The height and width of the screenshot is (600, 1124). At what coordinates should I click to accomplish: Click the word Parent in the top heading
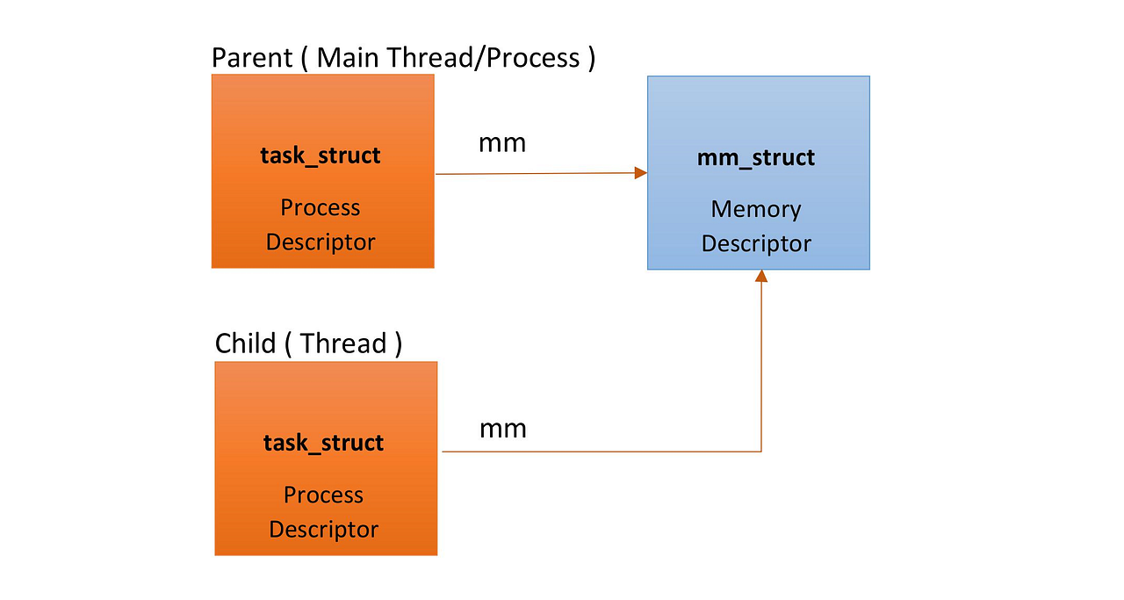(x=252, y=58)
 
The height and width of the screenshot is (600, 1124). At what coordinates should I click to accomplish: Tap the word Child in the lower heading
(x=245, y=343)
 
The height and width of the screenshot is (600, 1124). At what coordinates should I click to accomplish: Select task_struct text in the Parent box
(x=321, y=156)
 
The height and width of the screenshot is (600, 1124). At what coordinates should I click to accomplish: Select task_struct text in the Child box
(x=323, y=443)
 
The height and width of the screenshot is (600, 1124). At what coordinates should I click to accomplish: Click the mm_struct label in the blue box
(x=756, y=158)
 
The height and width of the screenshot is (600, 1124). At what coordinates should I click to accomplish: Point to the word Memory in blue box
(x=756, y=209)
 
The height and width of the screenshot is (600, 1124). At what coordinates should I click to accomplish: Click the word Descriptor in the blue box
(x=756, y=243)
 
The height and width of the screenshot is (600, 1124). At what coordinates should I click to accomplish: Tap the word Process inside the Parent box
(x=321, y=208)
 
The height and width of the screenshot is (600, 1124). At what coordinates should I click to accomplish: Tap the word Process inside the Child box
(x=323, y=495)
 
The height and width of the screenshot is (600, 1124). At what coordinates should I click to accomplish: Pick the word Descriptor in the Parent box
(x=321, y=242)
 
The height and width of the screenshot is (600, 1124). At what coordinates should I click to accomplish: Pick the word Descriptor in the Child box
(x=323, y=530)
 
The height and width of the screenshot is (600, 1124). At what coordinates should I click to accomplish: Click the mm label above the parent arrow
(x=502, y=143)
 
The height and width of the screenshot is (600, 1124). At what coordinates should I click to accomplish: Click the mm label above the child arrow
(x=503, y=429)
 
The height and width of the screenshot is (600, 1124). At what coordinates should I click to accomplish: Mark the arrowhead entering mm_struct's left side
(x=641, y=173)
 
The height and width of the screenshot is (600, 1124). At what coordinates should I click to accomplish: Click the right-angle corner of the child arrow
(x=761, y=452)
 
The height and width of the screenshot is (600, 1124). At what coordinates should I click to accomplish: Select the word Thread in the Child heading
(x=342, y=343)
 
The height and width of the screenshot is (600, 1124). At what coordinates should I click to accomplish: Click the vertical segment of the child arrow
(x=761, y=369)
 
